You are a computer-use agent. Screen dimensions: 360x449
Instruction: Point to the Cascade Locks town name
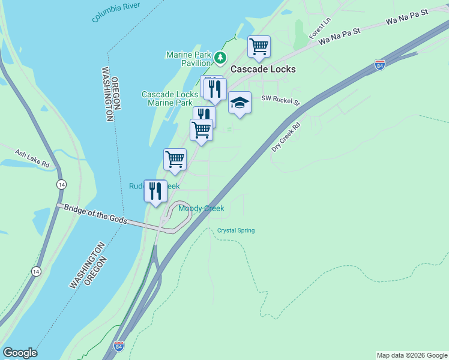[263, 69]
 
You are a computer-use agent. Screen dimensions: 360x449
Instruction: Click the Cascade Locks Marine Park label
[170, 98]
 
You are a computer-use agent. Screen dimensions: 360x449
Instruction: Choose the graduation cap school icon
[240, 103]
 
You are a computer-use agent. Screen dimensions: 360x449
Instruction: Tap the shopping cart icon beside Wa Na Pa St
[259, 46]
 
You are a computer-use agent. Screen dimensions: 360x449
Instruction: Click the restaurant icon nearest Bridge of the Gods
[155, 191]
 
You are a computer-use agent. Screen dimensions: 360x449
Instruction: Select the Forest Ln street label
[320, 28]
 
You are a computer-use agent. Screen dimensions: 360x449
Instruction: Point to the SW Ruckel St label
[280, 100]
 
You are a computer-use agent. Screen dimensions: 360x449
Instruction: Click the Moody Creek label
[200, 208]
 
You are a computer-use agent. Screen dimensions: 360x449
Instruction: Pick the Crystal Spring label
[236, 230]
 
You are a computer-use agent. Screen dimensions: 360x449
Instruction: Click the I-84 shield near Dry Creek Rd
[379, 64]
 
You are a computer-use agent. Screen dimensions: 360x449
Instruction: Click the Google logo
[20, 353]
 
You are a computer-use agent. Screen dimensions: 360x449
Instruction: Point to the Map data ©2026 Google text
[411, 355]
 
